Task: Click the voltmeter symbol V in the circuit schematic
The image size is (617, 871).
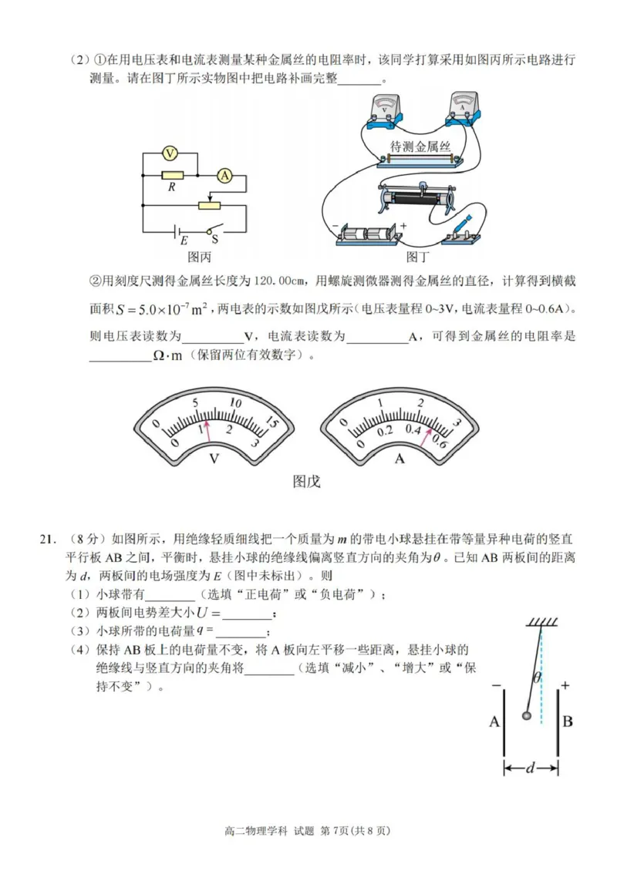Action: pos(170,153)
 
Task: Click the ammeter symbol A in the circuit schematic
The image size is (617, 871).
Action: pos(224,176)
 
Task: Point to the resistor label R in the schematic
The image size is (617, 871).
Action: pos(168,187)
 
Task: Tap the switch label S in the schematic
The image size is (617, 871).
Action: pos(215,240)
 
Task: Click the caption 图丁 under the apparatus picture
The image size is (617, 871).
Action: pos(417,257)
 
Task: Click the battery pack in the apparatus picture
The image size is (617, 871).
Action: pos(369,234)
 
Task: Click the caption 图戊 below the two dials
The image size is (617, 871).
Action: pos(306,482)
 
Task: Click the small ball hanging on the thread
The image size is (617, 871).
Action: pos(527,716)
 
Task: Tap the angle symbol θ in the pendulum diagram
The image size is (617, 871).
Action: pos(536,678)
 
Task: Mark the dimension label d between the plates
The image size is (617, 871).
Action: pos(531,768)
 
